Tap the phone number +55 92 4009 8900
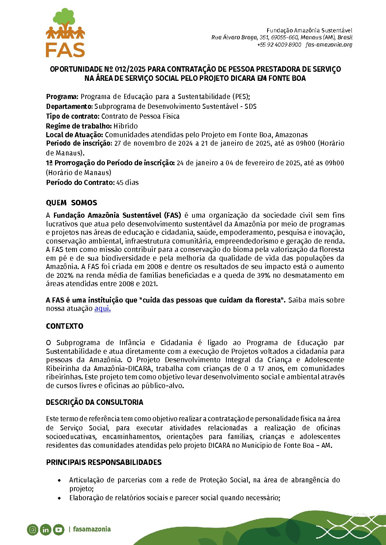click(x=279, y=45)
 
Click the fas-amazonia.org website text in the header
click(x=329, y=45)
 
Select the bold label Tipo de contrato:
click(x=73, y=116)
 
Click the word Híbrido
click(x=125, y=126)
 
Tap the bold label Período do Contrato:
click(x=80, y=183)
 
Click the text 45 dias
click(x=128, y=183)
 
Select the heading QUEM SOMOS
click(x=71, y=203)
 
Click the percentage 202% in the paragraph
click(x=64, y=275)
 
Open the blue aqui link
click(x=102, y=309)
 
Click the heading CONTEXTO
click(x=65, y=326)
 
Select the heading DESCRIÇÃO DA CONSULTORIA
click(x=94, y=402)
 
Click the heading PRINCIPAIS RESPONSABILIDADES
click(x=104, y=462)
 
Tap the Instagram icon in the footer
click(x=32, y=529)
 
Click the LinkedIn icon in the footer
click(x=46, y=529)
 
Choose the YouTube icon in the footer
click(x=59, y=529)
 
